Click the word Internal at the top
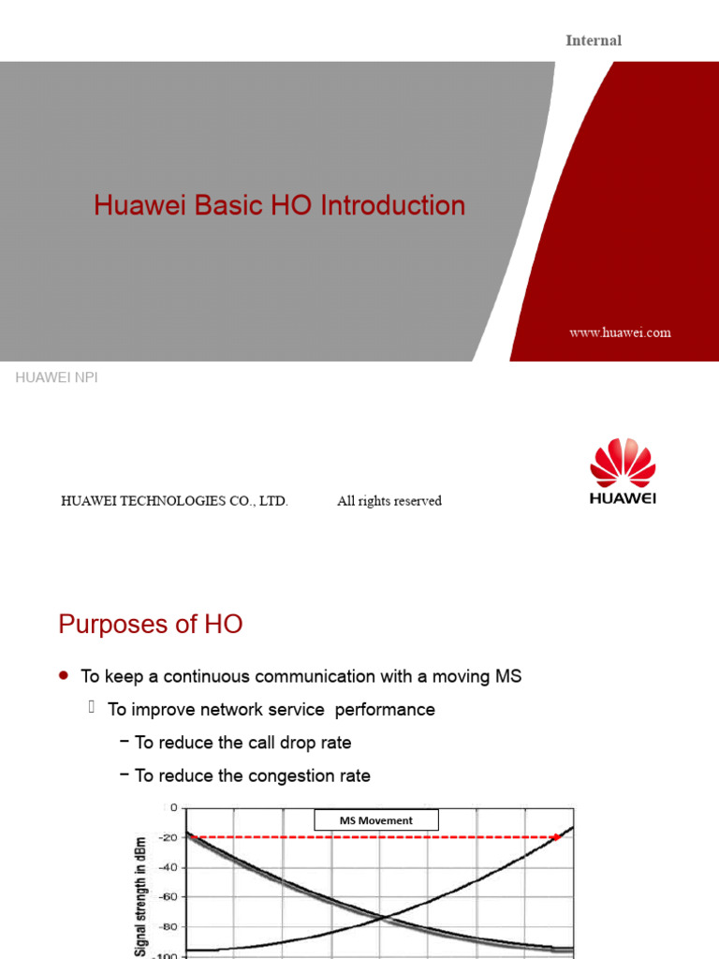594,40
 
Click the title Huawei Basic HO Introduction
279,205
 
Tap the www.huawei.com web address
620,332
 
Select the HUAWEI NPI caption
56,377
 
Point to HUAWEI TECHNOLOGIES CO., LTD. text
174,501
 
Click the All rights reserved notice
389,501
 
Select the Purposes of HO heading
151,625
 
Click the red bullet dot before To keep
63,675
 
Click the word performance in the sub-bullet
386,710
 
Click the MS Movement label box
376,820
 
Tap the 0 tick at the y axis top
173,807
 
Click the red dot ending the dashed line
555,837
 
